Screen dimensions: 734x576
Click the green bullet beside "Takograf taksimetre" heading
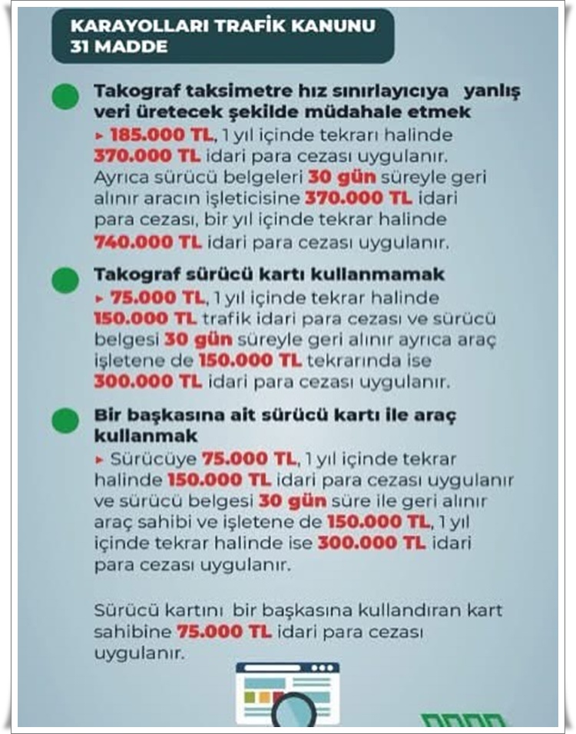click(65, 97)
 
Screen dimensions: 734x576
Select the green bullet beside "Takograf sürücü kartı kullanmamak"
click(65, 279)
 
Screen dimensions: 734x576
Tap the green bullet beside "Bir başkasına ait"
click(65, 420)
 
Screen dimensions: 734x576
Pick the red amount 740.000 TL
click(147, 242)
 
